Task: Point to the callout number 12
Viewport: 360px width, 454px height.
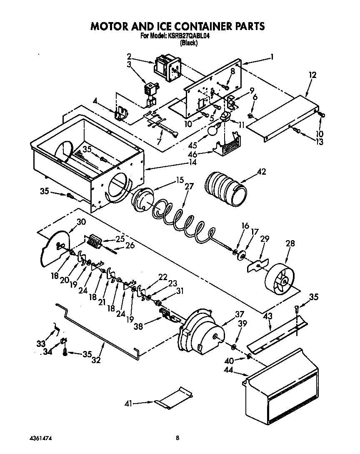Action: (x=312, y=75)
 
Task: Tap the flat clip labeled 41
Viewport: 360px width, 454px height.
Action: (x=173, y=398)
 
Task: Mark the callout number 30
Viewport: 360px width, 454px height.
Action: (x=81, y=222)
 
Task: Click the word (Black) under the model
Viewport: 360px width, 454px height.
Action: (x=188, y=43)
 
